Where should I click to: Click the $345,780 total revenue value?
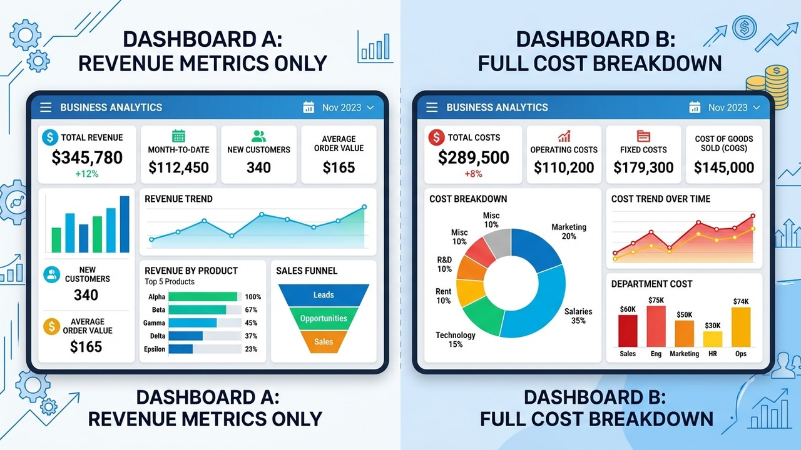click(x=87, y=157)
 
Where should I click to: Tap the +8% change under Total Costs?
click(x=473, y=174)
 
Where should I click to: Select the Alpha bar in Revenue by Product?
click(x=203, y=296)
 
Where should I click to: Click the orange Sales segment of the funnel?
click(x=324, y=342)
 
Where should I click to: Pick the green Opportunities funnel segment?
click(x=324, y=318)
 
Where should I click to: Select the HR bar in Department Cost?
click(x=712, y=339)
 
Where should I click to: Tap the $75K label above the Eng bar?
click(x=656, y=300)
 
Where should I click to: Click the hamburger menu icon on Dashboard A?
click(x=46, y=107)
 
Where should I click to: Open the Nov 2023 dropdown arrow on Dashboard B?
click(x=757, y=107)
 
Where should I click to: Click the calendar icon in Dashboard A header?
click(x=309, y=107)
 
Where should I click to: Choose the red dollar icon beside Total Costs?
click(x=436, y=137)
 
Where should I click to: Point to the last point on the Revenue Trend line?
click(x=364, y=207)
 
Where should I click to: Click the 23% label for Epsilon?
click(x=251, y=349)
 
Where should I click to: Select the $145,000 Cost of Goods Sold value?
click(x=724, y=167)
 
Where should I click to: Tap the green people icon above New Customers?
click(x=258, y=136)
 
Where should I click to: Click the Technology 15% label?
click(x=455, y=339)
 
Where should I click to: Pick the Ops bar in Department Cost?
click(x=741, y=327)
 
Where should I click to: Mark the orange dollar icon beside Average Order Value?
click(x=52, y=326)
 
